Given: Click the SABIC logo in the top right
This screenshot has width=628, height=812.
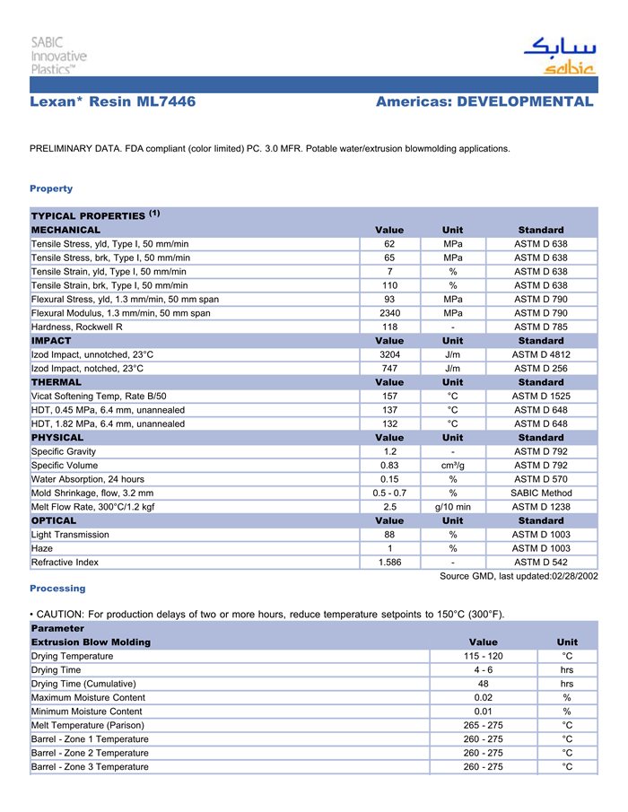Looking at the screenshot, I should [x=560, y=57].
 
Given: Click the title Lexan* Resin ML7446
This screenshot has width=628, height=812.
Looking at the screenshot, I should [x=113, y=102].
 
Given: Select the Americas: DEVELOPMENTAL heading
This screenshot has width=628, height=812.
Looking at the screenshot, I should [x=484, y=102].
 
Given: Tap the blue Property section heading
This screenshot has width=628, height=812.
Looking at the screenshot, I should [x=51, y=188].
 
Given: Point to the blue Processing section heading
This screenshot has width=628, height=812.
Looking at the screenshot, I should [x=57, y=589].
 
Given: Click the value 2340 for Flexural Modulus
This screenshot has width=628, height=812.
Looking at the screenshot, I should [x=389, y=313].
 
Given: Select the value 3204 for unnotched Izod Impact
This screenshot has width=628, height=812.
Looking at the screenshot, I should [x=389, y=354].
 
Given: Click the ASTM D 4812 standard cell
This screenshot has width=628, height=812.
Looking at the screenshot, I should [x=541, y=354].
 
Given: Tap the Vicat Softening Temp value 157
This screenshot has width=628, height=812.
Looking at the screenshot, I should [x=389, y=396].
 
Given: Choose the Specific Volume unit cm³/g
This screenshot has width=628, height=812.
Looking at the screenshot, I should [x=453, y=465].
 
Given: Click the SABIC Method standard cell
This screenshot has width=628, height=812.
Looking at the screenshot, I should [x=541, y=493].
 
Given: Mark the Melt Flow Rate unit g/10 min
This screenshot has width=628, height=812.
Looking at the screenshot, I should [x=453, y=506].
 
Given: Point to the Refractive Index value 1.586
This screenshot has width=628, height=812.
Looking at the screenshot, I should [x=389, y=562].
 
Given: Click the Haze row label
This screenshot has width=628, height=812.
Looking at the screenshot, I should [x=42, y=548].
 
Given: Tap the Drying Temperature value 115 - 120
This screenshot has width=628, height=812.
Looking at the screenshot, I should [x=483, y=656].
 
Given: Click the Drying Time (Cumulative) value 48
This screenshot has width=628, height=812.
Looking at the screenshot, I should [x=483, y=684].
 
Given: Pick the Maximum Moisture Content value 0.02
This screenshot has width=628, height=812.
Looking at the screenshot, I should [x=483, y=697].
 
